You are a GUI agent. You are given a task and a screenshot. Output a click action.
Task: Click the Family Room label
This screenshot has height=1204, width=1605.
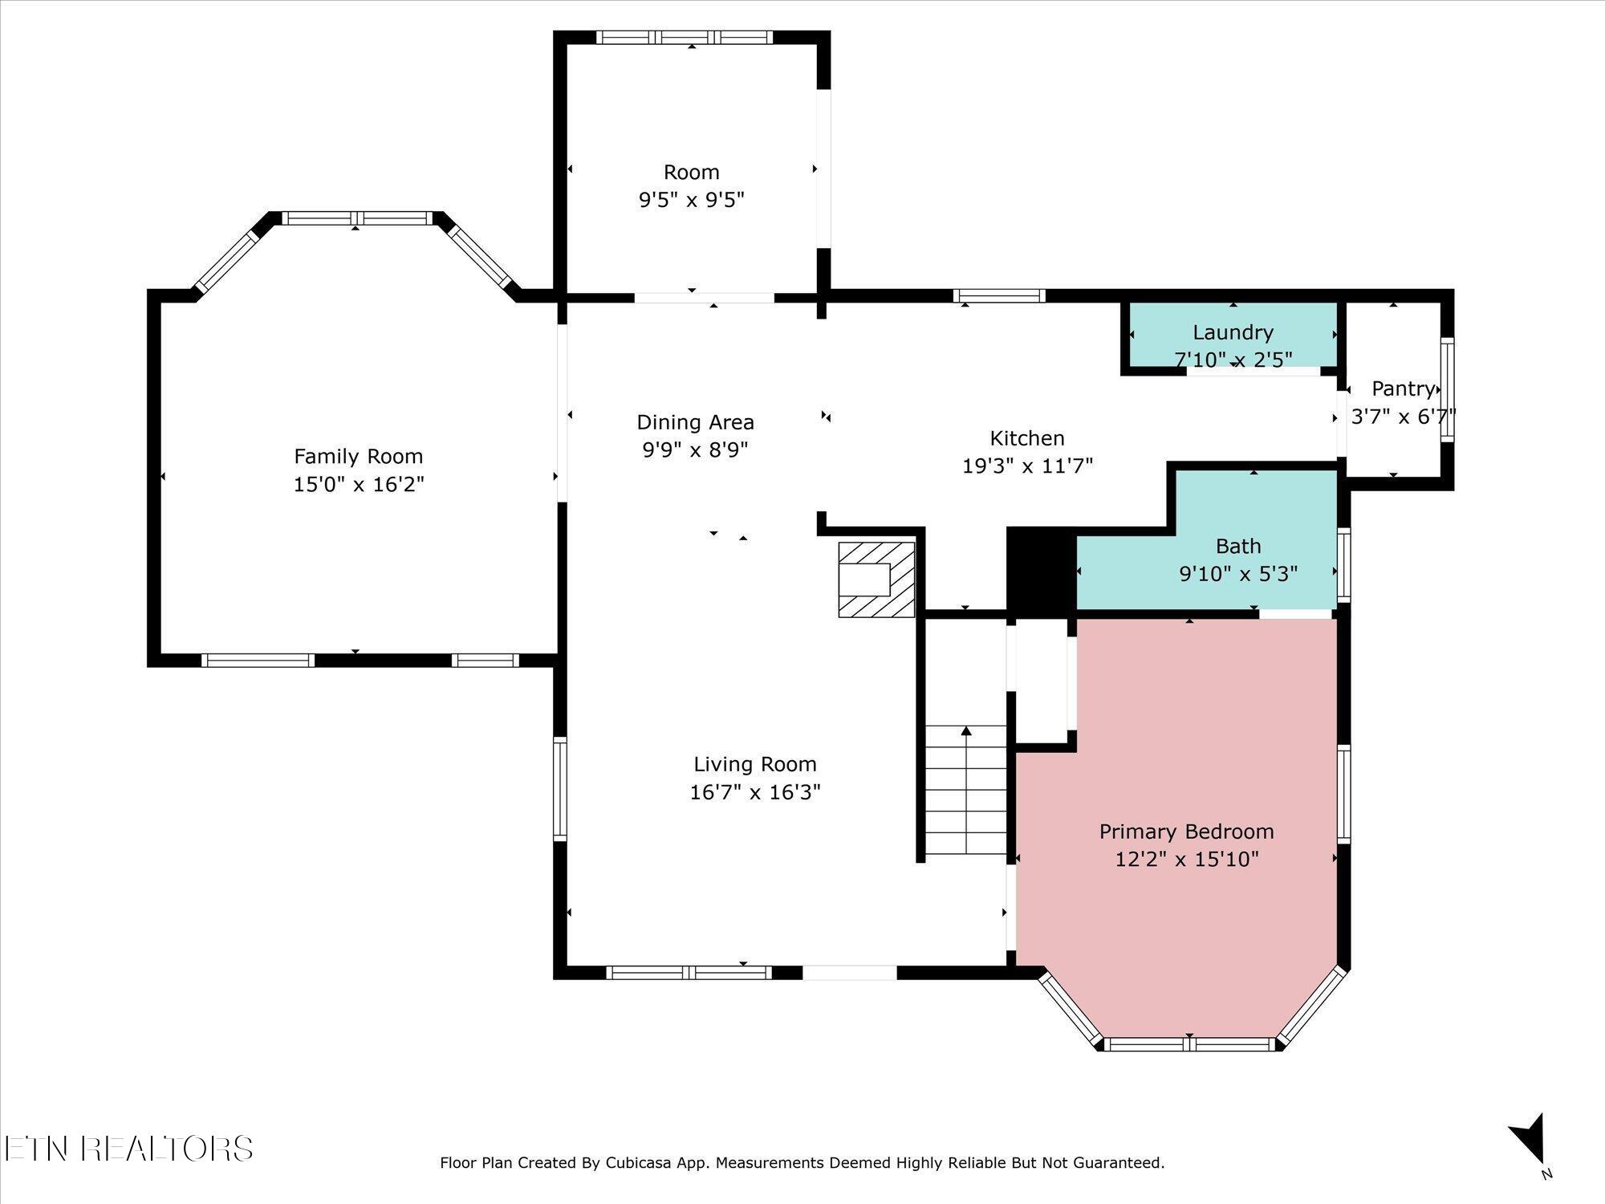coord(358,457)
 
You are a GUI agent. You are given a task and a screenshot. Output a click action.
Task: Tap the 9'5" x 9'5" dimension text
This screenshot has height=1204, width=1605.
coord(692,200)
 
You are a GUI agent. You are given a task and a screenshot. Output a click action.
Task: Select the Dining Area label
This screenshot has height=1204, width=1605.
coord(695,422)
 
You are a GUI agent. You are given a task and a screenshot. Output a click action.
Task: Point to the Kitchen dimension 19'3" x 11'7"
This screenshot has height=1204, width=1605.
coord(1027,466)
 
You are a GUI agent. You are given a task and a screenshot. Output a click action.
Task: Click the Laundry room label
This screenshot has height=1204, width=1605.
coord(1233,332)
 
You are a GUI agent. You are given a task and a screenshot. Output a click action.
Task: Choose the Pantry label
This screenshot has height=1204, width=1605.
coord(1403,389)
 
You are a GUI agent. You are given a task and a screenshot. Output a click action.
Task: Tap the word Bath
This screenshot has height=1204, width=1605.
coord(1238,547)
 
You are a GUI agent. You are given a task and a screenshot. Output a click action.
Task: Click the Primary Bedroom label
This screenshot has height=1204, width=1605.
coord(1186,832)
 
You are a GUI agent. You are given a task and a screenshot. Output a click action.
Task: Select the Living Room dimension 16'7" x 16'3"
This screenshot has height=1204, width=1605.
coord(755,793)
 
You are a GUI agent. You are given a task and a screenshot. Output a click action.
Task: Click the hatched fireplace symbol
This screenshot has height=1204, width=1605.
coord(876,580)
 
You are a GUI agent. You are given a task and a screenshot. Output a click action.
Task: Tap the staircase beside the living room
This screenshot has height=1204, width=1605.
coord(966,791)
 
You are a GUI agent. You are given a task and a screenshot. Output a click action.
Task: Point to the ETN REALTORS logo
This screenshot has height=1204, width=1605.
coord(128,1149)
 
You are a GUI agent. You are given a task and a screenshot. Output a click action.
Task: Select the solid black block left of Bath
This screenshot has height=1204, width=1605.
coord(1041,572)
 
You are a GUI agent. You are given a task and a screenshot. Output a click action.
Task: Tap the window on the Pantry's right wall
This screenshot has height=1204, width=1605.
coord(1447,389)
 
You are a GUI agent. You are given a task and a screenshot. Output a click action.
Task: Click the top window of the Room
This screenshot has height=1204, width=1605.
coord(685,37)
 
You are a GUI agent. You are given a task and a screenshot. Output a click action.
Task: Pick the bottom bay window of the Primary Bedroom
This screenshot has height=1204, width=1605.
coord(1189,1044)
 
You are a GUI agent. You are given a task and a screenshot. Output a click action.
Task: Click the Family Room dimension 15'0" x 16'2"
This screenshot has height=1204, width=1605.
coord(359,485)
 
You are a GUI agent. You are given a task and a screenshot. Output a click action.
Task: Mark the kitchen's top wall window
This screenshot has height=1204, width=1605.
coord(999,295)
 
